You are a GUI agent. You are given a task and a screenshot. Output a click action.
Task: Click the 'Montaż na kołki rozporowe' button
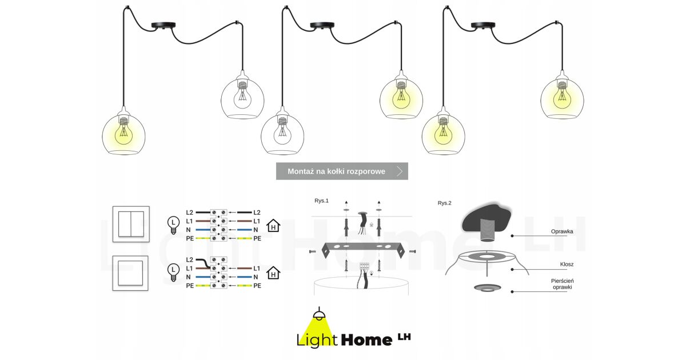coord(342,171)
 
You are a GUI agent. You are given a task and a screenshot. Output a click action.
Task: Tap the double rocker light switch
coord(131,224)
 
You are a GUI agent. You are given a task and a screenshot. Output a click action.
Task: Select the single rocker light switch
coord(130,273)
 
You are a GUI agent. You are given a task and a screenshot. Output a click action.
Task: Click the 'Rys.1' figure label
coord(321,201)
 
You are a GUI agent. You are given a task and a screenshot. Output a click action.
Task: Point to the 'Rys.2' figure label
coord(444,203)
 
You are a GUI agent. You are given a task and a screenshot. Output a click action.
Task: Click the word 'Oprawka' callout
coord(562,231)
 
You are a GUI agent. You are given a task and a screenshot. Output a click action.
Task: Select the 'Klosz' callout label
coord(567,264)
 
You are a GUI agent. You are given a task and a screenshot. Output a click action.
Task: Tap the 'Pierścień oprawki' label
coord(563,284)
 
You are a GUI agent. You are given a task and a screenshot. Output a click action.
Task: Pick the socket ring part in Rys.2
coord(487,287)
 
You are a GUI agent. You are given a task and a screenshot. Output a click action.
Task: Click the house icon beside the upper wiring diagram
coord(273,226)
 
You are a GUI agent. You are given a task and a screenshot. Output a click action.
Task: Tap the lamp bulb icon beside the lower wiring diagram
coord(173,273)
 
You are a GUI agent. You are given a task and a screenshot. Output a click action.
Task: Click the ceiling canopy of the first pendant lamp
coord(163,25)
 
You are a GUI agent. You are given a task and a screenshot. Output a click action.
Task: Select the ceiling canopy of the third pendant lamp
coord(483,25)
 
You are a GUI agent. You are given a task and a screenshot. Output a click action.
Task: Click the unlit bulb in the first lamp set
coord(242,97)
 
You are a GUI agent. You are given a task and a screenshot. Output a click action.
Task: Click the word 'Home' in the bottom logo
coord(366,340)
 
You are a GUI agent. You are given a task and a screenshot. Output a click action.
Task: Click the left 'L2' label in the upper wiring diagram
coord(190,213)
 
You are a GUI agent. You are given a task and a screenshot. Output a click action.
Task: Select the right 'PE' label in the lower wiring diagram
coord(257,286)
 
